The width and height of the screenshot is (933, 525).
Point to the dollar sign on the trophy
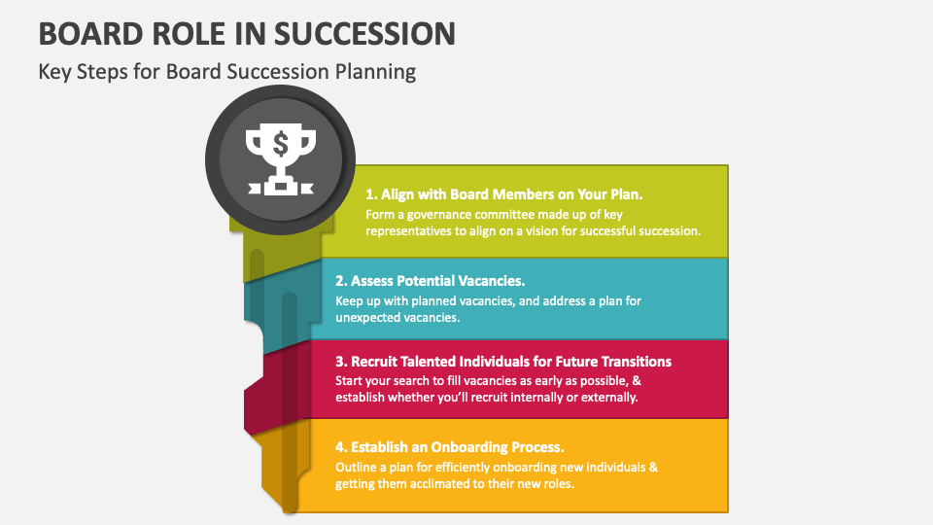click(x=280, y=145)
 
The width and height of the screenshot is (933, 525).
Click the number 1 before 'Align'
click(x=370, y=194)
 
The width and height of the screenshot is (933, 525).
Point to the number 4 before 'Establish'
click(x=341, y=447)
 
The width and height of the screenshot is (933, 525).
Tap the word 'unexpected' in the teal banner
click(x=370, y=318)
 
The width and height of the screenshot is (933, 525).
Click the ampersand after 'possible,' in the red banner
click(x=637, y=380)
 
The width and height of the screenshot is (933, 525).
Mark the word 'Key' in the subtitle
click(x=54, y=72)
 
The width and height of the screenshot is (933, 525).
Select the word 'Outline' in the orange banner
click(x=359, y=467)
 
